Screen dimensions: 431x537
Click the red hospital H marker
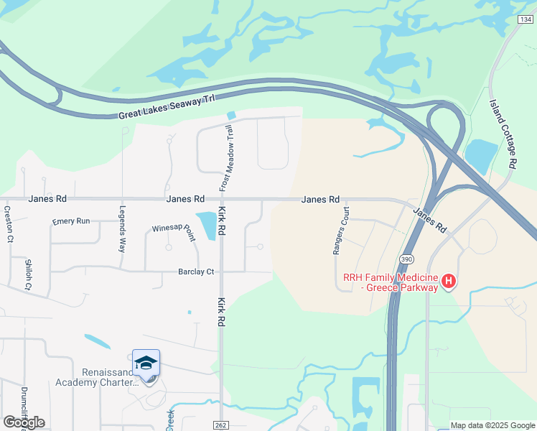pos(449,280)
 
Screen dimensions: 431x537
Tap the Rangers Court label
pos(340,231)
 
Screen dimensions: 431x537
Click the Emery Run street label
pos(71,221)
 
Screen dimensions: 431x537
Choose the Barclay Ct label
pos(196,272)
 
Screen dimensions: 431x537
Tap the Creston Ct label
pos(9,223)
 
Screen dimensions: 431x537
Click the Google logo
pos(24,422)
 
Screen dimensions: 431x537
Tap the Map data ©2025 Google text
pos(492,426)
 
